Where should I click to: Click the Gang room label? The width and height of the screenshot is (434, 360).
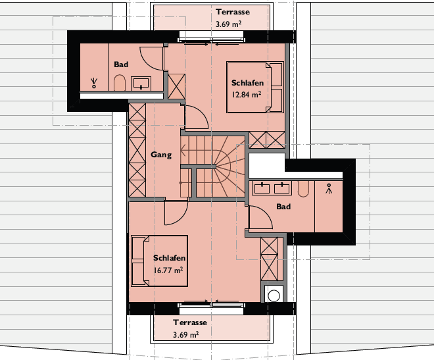(161, 155)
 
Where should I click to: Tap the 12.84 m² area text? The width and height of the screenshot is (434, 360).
(247, 95)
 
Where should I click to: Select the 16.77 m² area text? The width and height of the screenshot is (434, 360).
(168, 270)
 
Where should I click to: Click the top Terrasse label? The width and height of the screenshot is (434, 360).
(233, 12)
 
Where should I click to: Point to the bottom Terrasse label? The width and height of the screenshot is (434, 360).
(190, 322)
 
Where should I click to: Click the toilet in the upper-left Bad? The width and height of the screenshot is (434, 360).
(120, 82)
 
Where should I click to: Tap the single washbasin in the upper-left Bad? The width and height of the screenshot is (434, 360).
(141, 84)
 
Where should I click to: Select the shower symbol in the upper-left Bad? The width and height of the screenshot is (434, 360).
(94, 83)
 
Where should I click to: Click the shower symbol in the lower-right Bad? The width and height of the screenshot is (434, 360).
(329, 188)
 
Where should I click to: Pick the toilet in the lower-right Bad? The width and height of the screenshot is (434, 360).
(303, 189)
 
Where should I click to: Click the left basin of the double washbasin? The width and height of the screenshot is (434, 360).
(262, 188)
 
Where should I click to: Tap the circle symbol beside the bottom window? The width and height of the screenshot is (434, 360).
(274, 296)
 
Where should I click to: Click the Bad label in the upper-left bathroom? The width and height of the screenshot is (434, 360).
(121, 64)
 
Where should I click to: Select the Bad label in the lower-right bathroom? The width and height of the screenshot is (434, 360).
(283, 206)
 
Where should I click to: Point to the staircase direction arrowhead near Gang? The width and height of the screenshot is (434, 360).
(183, 151)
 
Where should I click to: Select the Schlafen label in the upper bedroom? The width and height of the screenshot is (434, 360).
(247, 83)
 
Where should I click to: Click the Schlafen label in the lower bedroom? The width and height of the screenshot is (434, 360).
(169, 258)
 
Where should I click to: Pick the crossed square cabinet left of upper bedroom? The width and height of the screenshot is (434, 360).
(177, 86)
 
